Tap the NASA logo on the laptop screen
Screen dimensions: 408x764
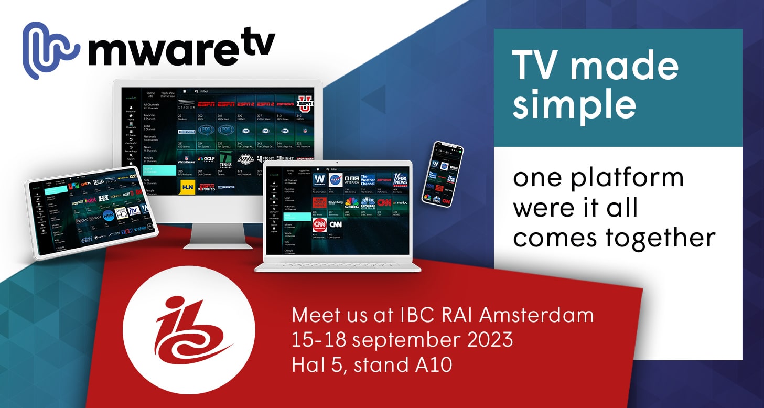coord(336,180)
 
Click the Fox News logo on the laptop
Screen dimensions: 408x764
coord(400,179)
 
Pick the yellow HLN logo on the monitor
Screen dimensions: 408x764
coord(187,187)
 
